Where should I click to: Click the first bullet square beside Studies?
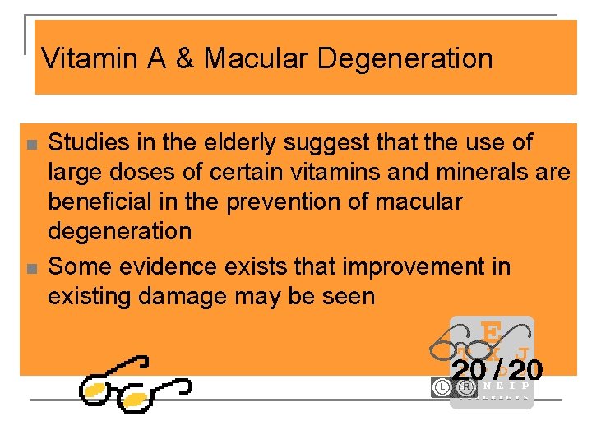30,145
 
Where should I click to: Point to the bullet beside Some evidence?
30,269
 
